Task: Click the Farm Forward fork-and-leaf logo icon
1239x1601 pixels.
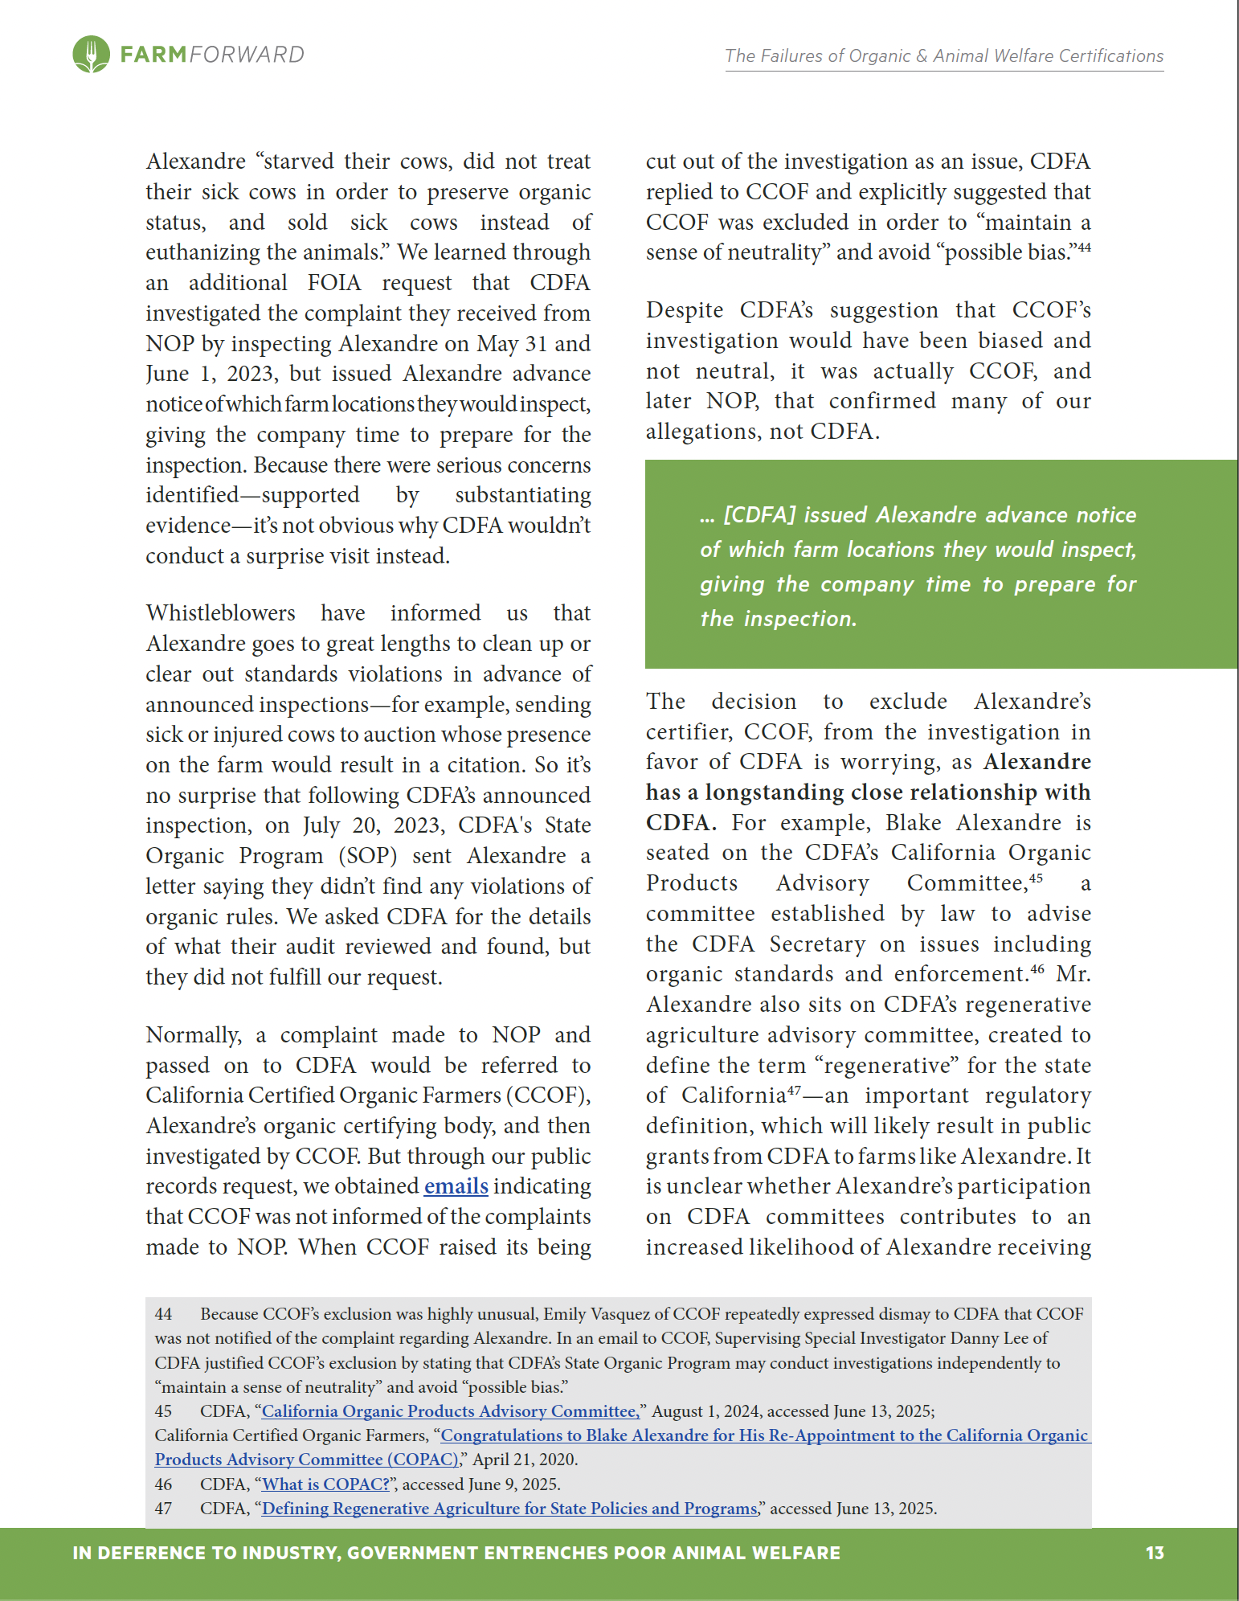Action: pos(91,55)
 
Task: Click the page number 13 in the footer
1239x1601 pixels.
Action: pos(1155,1552)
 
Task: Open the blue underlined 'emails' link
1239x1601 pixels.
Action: pos(456,1186)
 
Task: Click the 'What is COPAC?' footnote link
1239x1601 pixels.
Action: pos(325,1484)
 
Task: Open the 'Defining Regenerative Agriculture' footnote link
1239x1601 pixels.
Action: pos(509,1508)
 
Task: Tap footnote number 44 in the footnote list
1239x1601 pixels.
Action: pos(163,1314)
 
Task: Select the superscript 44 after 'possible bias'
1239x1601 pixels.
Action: pos(1084,248)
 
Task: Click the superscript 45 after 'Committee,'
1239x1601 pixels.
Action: pos(1037,878)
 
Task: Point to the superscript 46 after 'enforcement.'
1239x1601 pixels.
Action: pos(1037,969)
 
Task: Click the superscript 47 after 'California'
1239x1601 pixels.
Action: pos(794,1091)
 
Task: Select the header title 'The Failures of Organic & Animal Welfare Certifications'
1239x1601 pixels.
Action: pos(944,55)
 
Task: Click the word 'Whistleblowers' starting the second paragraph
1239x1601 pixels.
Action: pos(221,613)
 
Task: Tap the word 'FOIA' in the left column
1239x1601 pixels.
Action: pos(334,283)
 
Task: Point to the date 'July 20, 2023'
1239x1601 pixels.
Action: pos(372,825)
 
